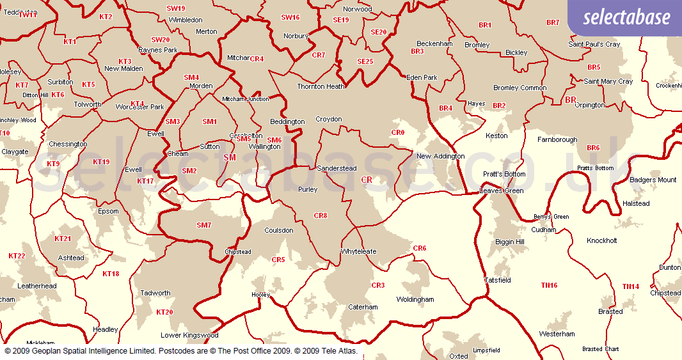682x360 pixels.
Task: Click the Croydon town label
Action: pyautogui.click(x=329, y=120)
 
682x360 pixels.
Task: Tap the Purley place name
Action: pyautogui.click(x=308, y=190)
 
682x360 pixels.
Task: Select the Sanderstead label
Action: pyautogui.click(x=337, y=169)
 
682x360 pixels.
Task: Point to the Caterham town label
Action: pyautogui.click(x=363, y=308)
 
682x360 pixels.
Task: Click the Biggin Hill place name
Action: pyautogui.click(x=510, y=242)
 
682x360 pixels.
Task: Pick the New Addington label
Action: pyautogui.click(x=440, y=157)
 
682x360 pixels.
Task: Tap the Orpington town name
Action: pyautogui.click(x=590, y=106)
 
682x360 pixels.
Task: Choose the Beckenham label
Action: pyautogui.click(x=434, y=44)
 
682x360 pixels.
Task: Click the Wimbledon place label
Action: pyautogui.click(x=186, y=20)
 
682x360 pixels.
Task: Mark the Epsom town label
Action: pyautogui.click(x=109, y=212)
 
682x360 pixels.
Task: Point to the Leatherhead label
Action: pyautogui.click(x=37, y=286)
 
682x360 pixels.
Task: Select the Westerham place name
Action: pyautogui.click(x=557, y=334)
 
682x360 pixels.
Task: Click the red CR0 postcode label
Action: pyautogui.click(x=398, y=133)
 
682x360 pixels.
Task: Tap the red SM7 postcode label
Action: pyautogui.click(x=203, y=225)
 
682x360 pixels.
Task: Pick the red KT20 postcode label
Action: pyautogui.click(x=164, y=312)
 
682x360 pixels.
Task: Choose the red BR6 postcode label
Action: pyautogui.click(x=593, y=148)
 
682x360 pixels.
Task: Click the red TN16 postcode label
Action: pyautogui.click(x=549, y=286)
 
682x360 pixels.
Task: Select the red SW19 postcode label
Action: pyautogui.click(x=175, y=8)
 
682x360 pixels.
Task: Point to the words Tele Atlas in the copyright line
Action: pyautogui.click(x=334, y=351)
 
